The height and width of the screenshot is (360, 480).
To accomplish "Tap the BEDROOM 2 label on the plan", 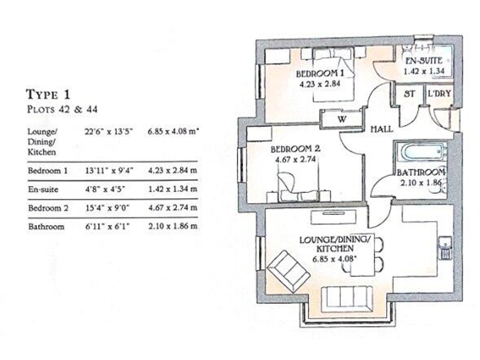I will coord(296,150).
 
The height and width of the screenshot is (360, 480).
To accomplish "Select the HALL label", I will coord(381,129).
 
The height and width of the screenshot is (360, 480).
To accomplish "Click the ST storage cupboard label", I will coord(409,94).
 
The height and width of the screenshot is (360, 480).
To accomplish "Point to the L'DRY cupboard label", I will coord(439,94).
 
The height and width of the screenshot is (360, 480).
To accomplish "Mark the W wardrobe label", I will coord(342,118).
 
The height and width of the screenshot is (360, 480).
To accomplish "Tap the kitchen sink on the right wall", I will coord(445,247).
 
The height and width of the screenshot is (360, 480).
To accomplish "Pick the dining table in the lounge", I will coord(365,256).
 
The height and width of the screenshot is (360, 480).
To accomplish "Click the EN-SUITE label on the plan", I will coord(424,61).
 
